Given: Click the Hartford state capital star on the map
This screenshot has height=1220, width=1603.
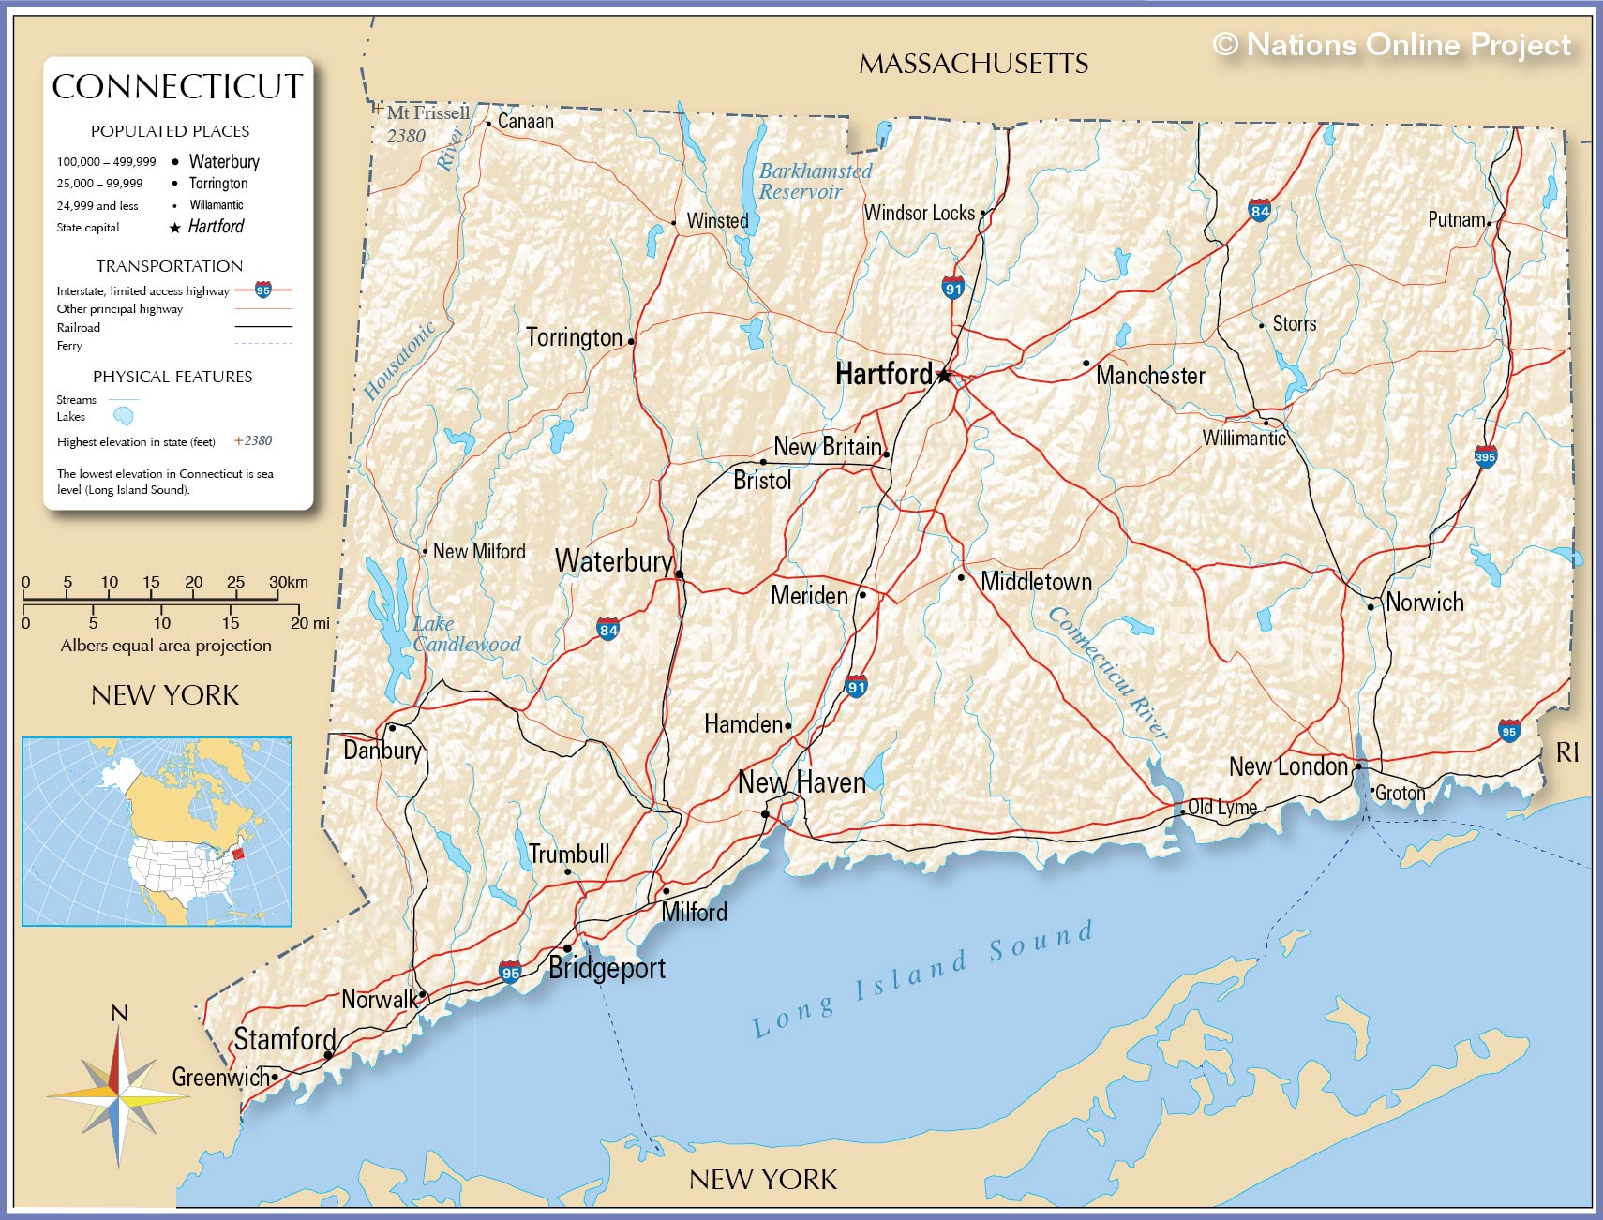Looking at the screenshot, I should (x=944, y=376).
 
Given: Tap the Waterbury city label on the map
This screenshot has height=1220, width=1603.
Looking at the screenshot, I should (x=614, y=561).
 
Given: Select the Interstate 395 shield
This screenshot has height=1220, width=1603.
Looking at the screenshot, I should (x=1485, y=457).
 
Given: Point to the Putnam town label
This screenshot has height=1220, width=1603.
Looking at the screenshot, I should (x=1456, y=219).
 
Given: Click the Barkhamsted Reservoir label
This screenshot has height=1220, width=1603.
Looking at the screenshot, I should (x=814, y=181).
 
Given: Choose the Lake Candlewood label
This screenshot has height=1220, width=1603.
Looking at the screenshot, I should (x=465, y=634).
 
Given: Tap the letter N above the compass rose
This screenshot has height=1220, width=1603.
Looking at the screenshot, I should (x=119, y=1014).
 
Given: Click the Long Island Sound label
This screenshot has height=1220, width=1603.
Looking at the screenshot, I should (x=923, y=979).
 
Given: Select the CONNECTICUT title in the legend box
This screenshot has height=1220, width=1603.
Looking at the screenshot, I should (x=177, y=86).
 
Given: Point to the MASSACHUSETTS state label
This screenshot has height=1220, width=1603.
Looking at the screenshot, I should (x=973, y=64).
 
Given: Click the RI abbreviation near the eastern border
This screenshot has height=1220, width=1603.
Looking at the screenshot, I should (x=1566, y=751).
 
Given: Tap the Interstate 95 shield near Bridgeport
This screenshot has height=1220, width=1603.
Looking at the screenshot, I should (x=510, y=972).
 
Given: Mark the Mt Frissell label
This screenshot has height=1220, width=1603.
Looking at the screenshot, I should (x=428, y=113).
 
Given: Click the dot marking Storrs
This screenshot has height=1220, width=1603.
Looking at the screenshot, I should (x=1262, y=326).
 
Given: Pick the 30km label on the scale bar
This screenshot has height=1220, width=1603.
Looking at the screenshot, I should (x=289, y=582).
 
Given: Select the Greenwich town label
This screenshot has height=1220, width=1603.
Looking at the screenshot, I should (x=218, y=1078).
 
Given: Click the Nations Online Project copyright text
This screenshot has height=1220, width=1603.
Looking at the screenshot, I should (x=1391, y=44).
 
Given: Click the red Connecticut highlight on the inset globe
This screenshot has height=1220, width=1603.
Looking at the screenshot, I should (x=237, y=853).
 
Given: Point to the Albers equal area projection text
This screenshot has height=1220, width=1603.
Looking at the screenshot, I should (x=166, y=646).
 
